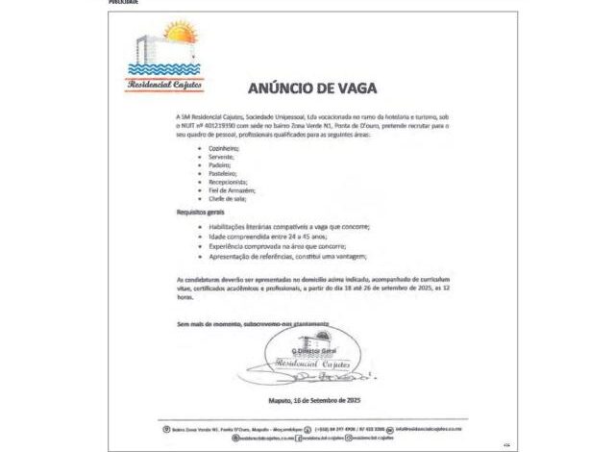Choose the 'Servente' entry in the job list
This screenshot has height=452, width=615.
click(x=221, y=158)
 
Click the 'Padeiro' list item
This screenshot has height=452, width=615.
click(x=220, y=165)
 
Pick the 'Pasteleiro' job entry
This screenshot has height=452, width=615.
click(x=223, y=174)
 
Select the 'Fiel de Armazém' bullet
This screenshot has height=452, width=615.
click(x=231, y=190)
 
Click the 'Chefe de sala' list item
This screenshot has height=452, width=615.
click(x=226, y=198)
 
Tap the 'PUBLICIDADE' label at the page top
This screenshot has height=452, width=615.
click(x=126, y=3)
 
